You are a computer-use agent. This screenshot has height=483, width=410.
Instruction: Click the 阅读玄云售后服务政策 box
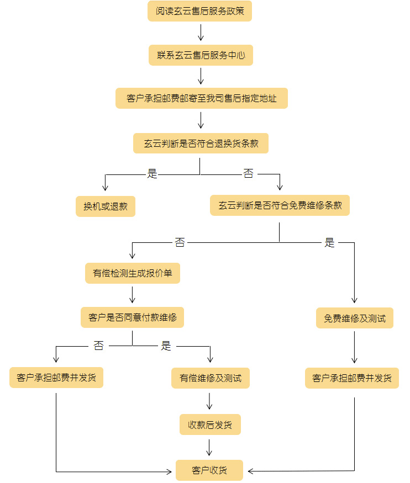(199, 11)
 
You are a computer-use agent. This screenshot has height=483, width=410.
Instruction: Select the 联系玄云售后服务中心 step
(201, 55)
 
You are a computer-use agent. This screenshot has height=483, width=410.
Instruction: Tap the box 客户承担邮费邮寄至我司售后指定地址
(201, 98)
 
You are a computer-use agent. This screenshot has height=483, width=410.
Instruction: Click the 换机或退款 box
(106, 206)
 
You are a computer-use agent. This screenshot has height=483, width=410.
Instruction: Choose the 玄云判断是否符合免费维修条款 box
(280, 205)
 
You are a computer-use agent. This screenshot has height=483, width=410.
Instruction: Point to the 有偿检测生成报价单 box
(133, 273)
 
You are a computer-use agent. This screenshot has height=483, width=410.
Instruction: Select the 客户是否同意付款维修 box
(132, 317)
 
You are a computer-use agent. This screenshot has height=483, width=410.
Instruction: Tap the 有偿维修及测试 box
(210, 378)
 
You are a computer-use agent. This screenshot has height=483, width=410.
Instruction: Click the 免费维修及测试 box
(355, 318)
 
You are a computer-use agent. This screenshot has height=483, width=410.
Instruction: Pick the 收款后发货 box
(210, 424)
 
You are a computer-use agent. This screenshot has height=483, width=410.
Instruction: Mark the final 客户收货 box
(209, 470)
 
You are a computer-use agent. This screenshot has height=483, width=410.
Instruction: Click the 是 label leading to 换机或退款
(152, 174)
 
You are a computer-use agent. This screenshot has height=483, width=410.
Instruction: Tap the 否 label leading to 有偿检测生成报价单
(180, 242)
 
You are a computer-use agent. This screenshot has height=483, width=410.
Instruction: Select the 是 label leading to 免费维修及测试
(330, 242)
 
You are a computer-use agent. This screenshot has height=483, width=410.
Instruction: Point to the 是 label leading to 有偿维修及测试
(166, 346)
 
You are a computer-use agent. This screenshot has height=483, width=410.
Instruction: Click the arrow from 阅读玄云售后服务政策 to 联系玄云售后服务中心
(201, 33)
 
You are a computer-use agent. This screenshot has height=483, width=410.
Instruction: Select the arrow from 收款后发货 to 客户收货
(210, 447)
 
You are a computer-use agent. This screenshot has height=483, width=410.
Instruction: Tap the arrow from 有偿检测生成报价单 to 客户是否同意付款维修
(133, 295)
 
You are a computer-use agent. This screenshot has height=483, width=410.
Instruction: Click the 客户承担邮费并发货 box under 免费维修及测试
(352, 378)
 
